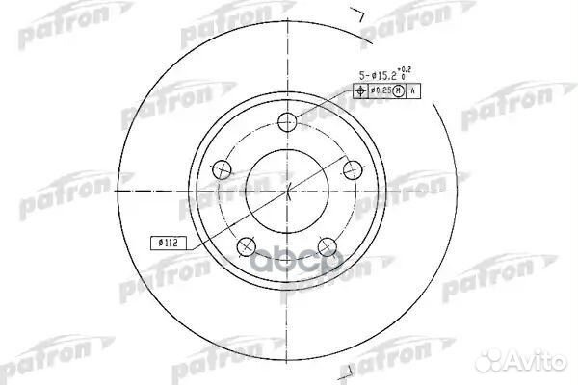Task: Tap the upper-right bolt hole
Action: (354, 168)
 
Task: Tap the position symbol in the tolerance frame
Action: (361, 91)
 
